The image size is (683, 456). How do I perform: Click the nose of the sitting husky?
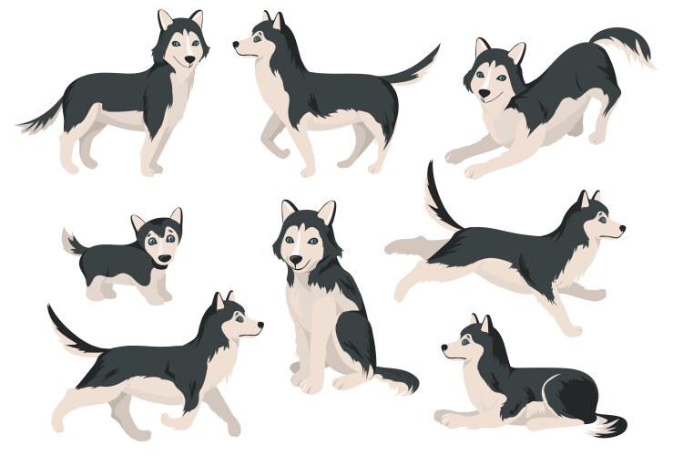pyautogui.click(x=297, y=262)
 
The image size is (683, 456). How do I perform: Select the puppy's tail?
pyautogui.click(x=70, y=242)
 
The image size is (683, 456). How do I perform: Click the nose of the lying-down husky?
pyautogui.click(x=445, y=347)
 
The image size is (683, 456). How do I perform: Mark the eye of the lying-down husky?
pyautogui.click(x=465, y=338)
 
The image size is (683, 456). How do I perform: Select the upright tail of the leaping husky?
pyautogui.click(x=436, y=196)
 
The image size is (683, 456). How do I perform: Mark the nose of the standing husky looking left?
pyautogui.click(x=237, y=43)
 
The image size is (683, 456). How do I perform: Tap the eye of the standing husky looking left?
pyautogui.click(x=256, y=38)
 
